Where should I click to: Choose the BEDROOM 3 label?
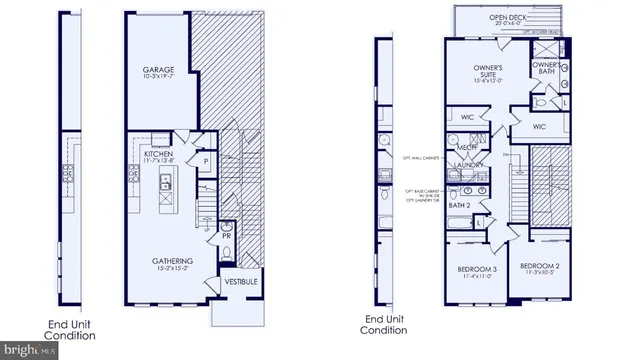[478, 270]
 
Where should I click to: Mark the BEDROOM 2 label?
[539, 267]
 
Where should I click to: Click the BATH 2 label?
[459, 205]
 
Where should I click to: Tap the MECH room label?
[466, 147]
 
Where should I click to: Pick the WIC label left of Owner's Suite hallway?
[466, 118]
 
